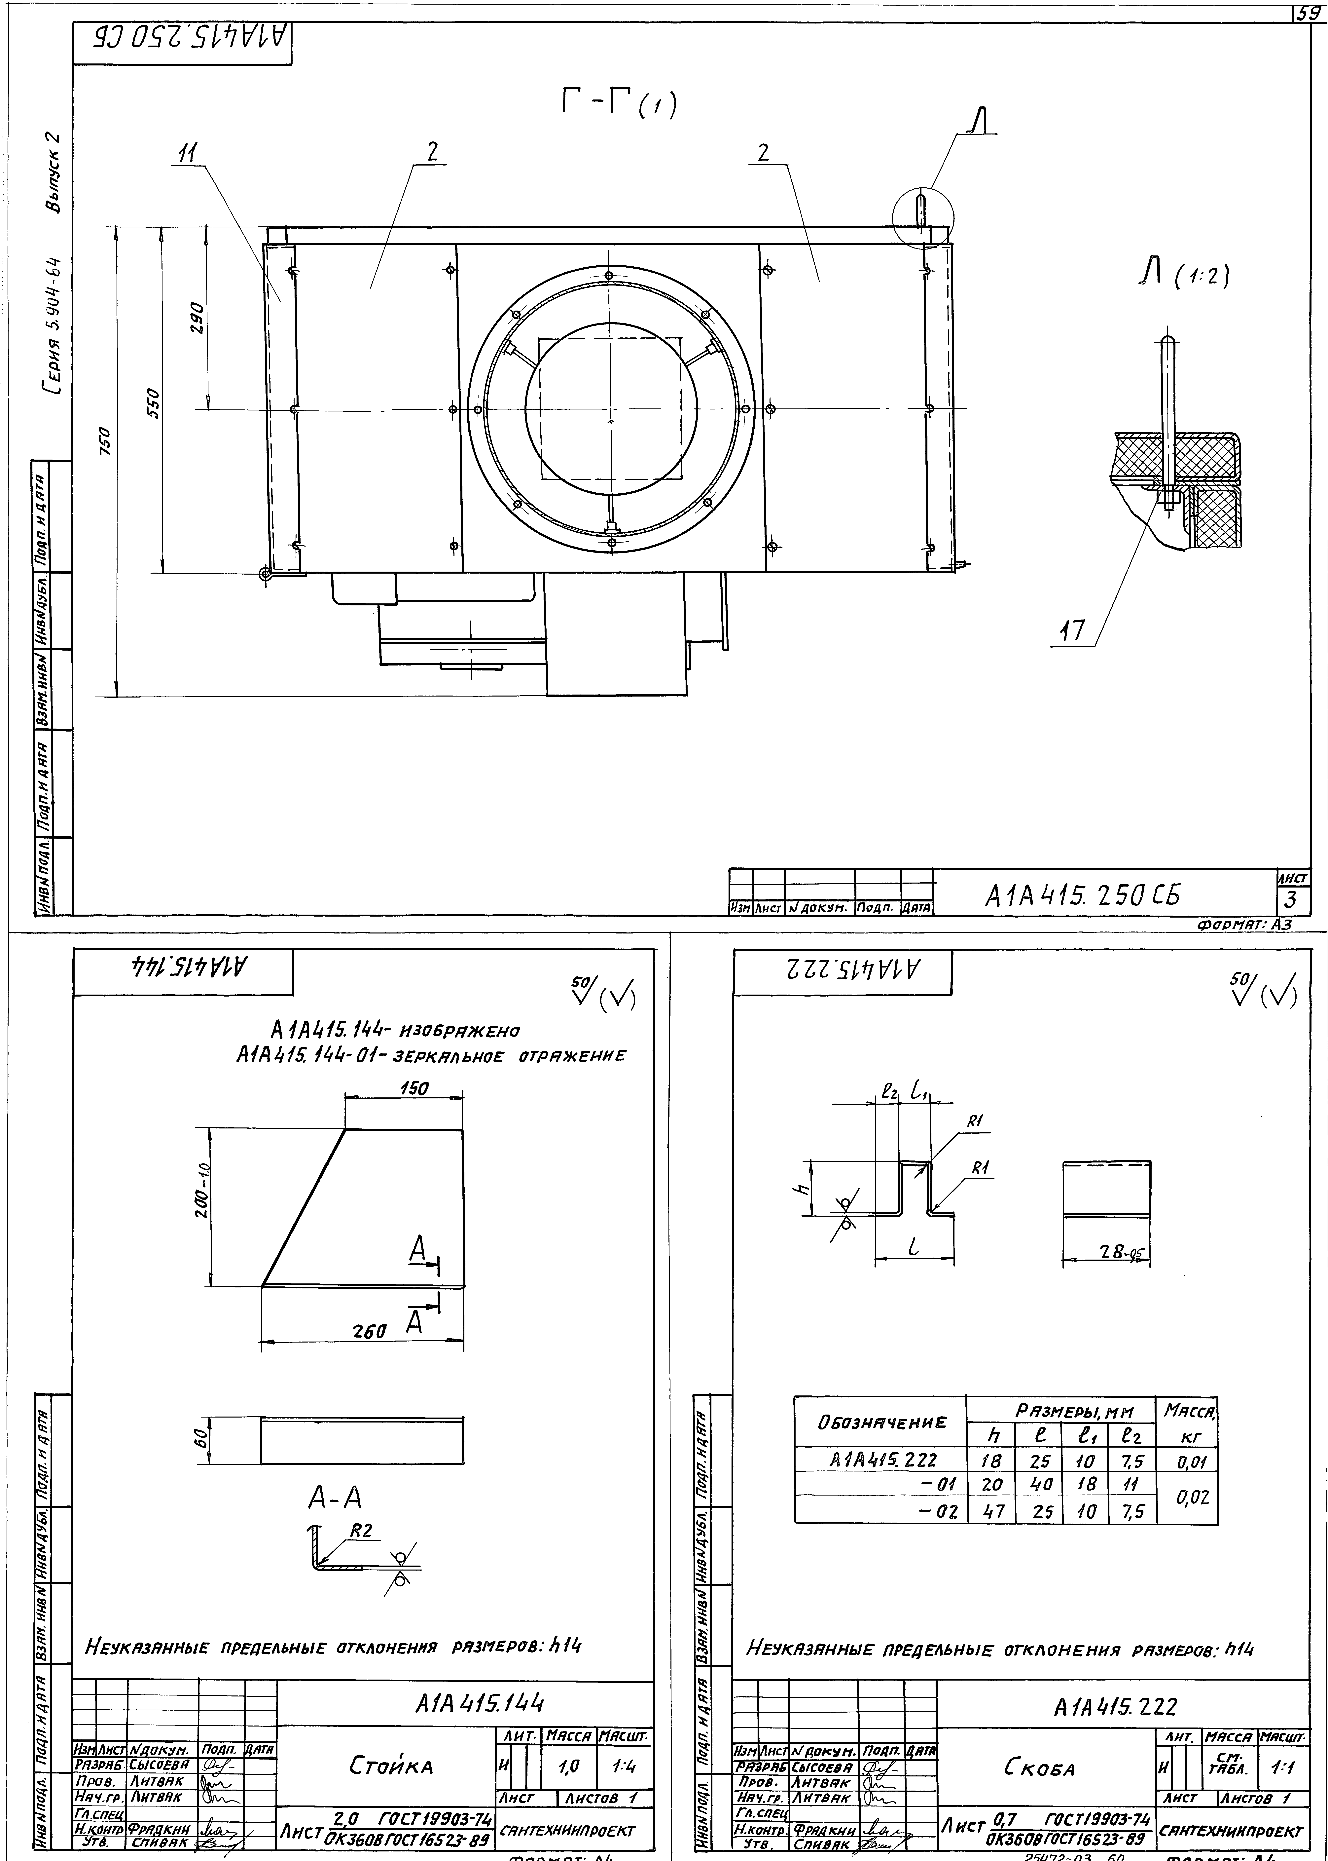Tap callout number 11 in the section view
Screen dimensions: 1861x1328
189,153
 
